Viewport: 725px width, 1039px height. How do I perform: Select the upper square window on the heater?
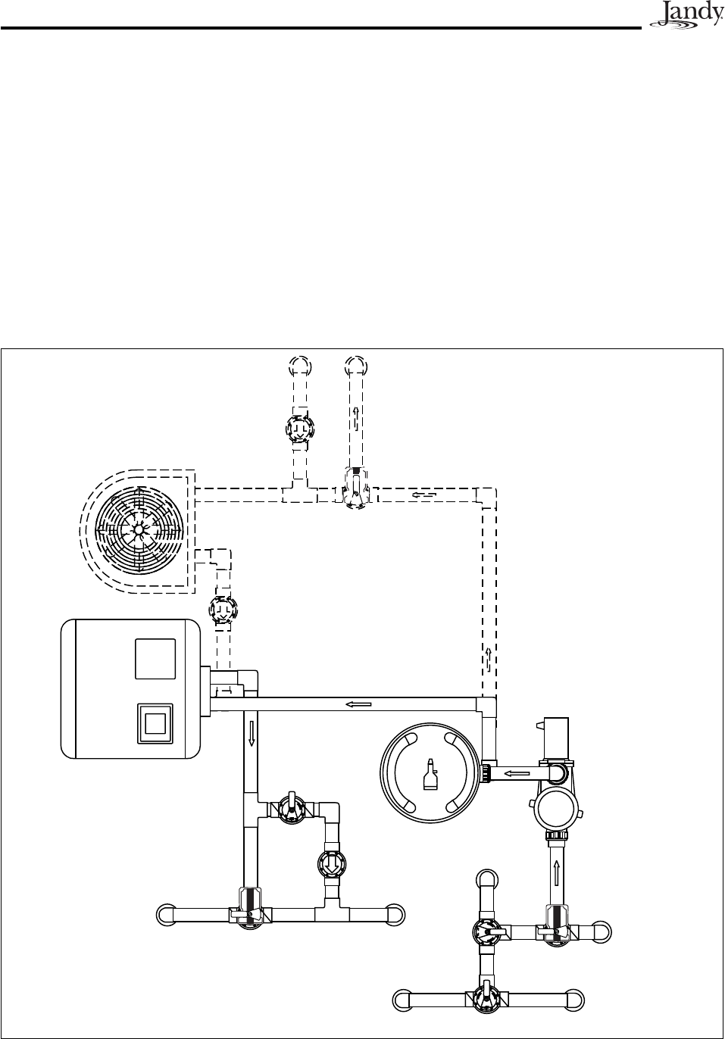tap(155, 659)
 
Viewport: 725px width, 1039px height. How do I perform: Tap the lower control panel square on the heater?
tap(155, 722)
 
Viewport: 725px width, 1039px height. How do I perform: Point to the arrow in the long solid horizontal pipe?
tap(358, 704)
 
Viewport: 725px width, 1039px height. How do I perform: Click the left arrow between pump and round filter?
tap(517, 773)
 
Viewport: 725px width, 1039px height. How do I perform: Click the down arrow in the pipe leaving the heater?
tap(252, 733)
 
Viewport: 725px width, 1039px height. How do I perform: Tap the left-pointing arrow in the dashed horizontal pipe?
tap(424, 495)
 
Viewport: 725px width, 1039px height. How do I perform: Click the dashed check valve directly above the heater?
tap(222, 609)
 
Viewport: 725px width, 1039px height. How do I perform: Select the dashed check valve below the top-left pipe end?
tap(299, 429)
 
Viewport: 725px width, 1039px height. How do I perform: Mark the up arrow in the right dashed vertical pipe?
tap(489, 656)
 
